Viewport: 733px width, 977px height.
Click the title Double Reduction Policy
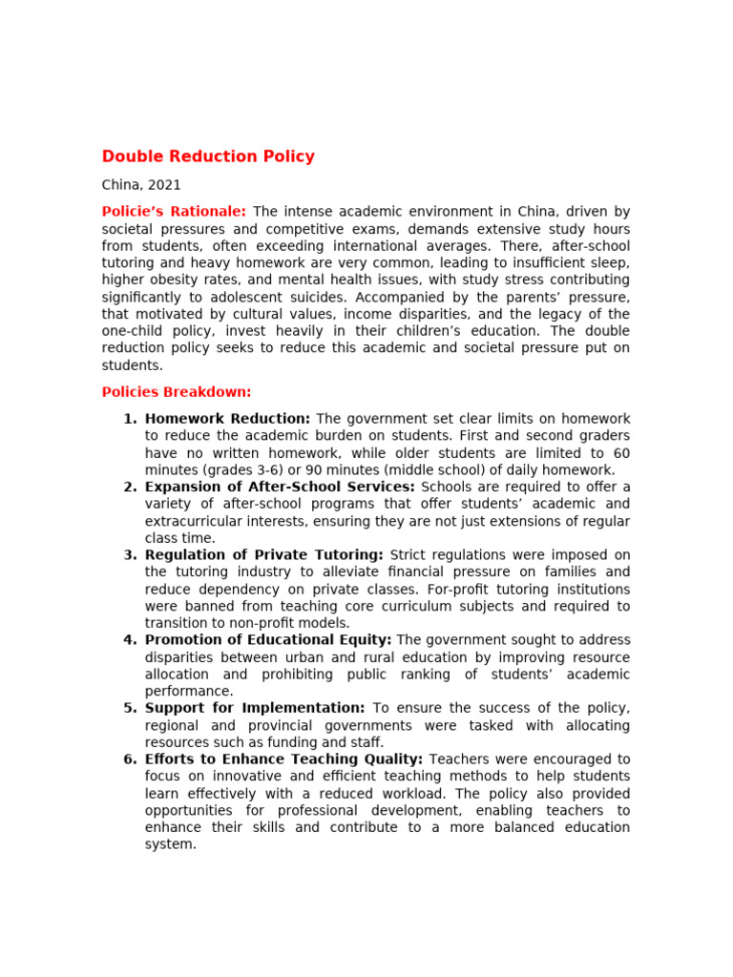[x=208, y=156]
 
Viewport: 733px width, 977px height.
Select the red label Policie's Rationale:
[x=174, y=212]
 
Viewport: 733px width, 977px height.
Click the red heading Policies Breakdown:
[x=177, y=392]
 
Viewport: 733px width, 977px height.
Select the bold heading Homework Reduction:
[x=227, y=419]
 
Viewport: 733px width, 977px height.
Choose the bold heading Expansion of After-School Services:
[x=280, y=488]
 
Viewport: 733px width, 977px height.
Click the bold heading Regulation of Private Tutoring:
[x=264, y=555]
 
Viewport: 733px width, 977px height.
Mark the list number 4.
[x=130, y=640]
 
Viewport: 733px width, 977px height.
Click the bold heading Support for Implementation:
[x=255, y=708]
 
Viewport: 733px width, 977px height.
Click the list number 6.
[x=130, y=759]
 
